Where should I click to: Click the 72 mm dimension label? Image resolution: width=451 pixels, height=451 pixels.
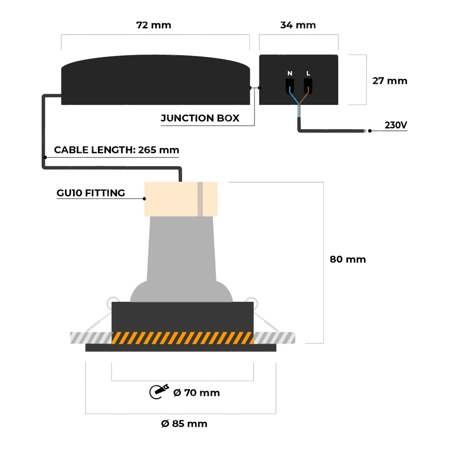[154, 25]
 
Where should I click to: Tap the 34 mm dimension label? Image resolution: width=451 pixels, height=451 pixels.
[298, 25]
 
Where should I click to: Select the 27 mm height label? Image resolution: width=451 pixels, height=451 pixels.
[390, 81]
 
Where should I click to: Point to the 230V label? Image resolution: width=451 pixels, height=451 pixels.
[396, 125]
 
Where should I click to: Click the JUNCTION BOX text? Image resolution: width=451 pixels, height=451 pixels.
[200, 118]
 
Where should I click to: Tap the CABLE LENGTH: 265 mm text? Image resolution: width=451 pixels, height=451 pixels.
[116, 150]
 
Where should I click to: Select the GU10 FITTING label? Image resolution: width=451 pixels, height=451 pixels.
[91, 193]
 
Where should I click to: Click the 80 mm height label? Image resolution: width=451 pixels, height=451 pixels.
[348, 259]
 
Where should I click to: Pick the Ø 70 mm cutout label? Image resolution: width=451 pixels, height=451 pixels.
[196, 393]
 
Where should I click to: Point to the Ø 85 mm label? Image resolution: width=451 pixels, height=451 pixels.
[184, 423]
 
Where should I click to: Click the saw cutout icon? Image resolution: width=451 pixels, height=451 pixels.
[159, 391]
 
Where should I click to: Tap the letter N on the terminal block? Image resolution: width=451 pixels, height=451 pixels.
[290, 73]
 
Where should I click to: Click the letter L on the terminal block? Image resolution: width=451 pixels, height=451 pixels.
[308, 73]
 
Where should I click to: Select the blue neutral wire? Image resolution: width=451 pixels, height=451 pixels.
[294, 98]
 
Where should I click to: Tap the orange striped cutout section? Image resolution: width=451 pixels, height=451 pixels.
[182, 338]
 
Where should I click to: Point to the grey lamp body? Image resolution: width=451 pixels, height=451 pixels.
[181, 257]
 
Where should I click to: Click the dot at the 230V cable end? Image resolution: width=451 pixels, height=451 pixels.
[370, 131]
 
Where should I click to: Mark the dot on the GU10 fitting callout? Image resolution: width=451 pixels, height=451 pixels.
[145, 198]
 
